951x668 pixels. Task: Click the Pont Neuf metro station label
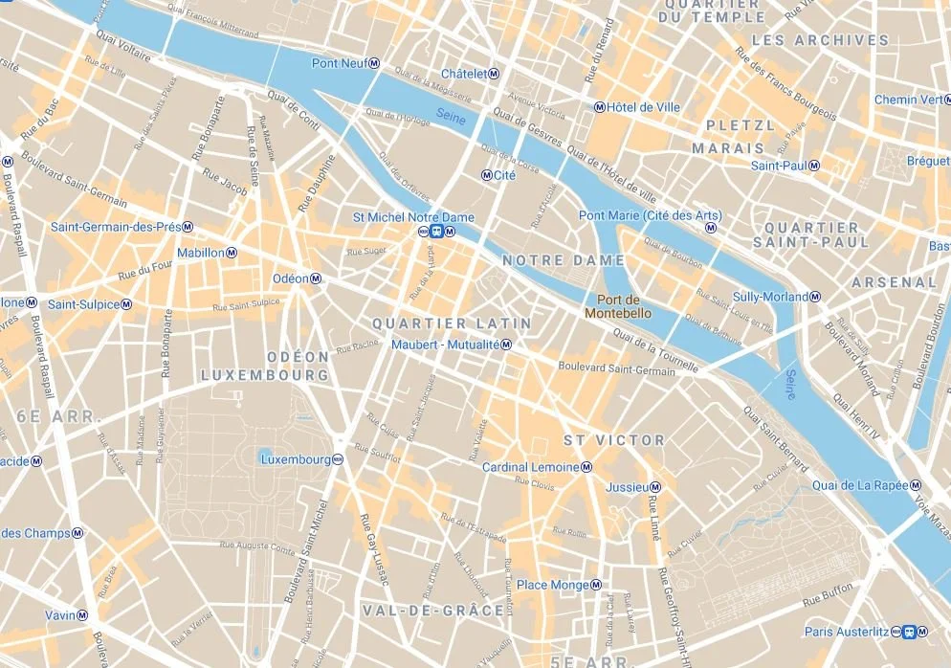[x=339, y=63]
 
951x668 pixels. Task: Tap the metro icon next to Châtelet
[x=495, y=74]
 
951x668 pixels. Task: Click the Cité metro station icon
[x=486, y=176]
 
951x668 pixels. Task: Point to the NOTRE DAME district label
[x=564, y=260]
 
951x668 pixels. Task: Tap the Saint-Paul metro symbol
[x=814, y=166]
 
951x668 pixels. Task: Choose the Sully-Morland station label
[x=770, y=297]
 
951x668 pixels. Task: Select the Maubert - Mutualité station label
[x=446, y=345]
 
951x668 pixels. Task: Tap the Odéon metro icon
[x=316, y=278]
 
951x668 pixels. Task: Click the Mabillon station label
[x=201, y=253]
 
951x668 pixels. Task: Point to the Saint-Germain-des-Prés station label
[x=116, y=227]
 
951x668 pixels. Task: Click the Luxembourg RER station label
[x=295, y=459]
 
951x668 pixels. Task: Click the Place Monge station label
[x=552, y=585]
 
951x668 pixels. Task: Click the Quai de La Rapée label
[x=859, y=485]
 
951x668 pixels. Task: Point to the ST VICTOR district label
[x=613, y=440]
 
